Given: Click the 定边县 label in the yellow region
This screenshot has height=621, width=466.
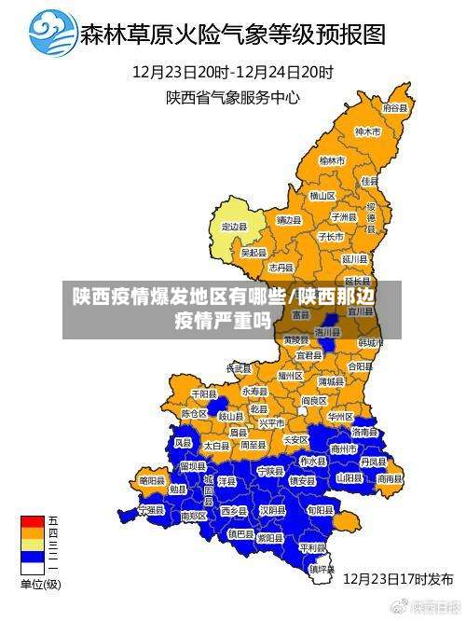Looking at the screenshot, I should point(234,226).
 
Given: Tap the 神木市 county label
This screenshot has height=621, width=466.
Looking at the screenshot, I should point(368,132).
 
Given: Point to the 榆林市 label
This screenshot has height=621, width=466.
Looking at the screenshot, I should point(332,160).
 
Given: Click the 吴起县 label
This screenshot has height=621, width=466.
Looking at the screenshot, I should point(254,252).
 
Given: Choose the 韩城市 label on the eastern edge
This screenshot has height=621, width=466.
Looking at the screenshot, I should point(371,342).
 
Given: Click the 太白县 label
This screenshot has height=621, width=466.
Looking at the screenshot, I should point(216,447).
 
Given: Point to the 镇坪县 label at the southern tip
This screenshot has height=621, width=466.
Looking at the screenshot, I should point(322,568).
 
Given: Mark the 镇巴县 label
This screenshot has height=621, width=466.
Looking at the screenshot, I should point(240,533).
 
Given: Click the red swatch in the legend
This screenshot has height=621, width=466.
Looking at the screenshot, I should point(33,520).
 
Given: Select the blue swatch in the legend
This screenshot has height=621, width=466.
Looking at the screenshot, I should point(33,557).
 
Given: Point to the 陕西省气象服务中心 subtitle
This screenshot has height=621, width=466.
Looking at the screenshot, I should point(233,95).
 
